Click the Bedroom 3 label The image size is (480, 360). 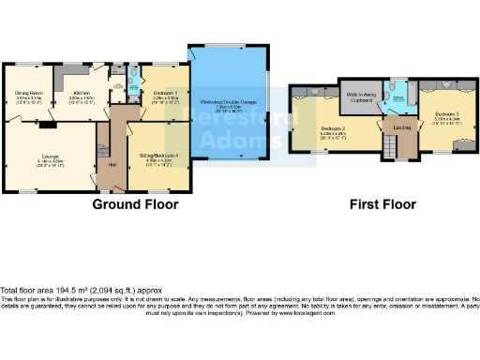pyautogui.click(x=444, y=114)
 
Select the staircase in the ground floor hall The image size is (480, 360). pyautogui.click(x=104, y=143)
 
